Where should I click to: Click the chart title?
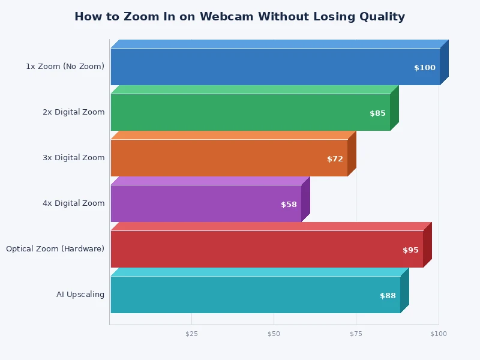point(239,17)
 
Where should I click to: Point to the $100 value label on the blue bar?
point(425,68)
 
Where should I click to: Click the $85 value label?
point(377,113)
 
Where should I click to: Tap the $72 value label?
point(335,159)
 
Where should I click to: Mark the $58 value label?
point(289,205)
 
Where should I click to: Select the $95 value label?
point(410,250)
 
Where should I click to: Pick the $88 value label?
point(388,296)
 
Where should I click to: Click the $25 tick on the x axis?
point(191,334)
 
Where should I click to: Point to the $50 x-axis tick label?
point(274,334)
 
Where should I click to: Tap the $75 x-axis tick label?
point(356,334)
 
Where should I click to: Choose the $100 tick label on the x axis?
point(439,334)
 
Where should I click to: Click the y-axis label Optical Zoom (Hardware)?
point(55,249)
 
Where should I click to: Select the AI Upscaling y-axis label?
point(80,295)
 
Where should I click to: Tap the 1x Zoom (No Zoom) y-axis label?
point(65,67)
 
